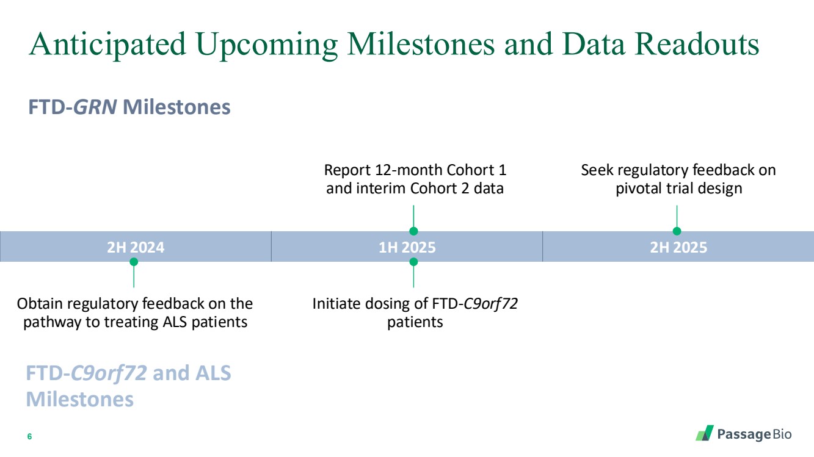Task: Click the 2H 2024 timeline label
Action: [136, 248]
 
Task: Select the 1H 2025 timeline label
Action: [407, 248]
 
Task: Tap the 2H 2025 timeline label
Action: [678, 248]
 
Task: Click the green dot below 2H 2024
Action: [134, 262]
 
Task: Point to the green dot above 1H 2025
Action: [413, 231]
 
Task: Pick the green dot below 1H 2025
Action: [413, 262]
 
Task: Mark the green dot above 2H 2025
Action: [677, 231]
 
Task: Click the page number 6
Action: [29, 436]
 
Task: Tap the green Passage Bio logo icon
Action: [705, 433]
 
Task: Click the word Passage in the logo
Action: [744, 435]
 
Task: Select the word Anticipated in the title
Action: [107, 45]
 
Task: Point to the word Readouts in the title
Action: [697, 45]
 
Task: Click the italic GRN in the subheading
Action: [95, 107]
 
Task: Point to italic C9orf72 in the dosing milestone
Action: [490, 304]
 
